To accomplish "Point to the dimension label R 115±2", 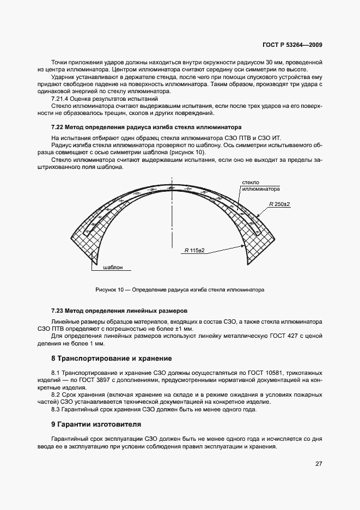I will click(x=194, y=250).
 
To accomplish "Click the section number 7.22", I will click(x=57, y=126).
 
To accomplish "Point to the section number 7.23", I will click(x=57, y=310).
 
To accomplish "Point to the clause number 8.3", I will click(x=55, y=409).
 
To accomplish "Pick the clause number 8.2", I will click(x=55, y=394).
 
